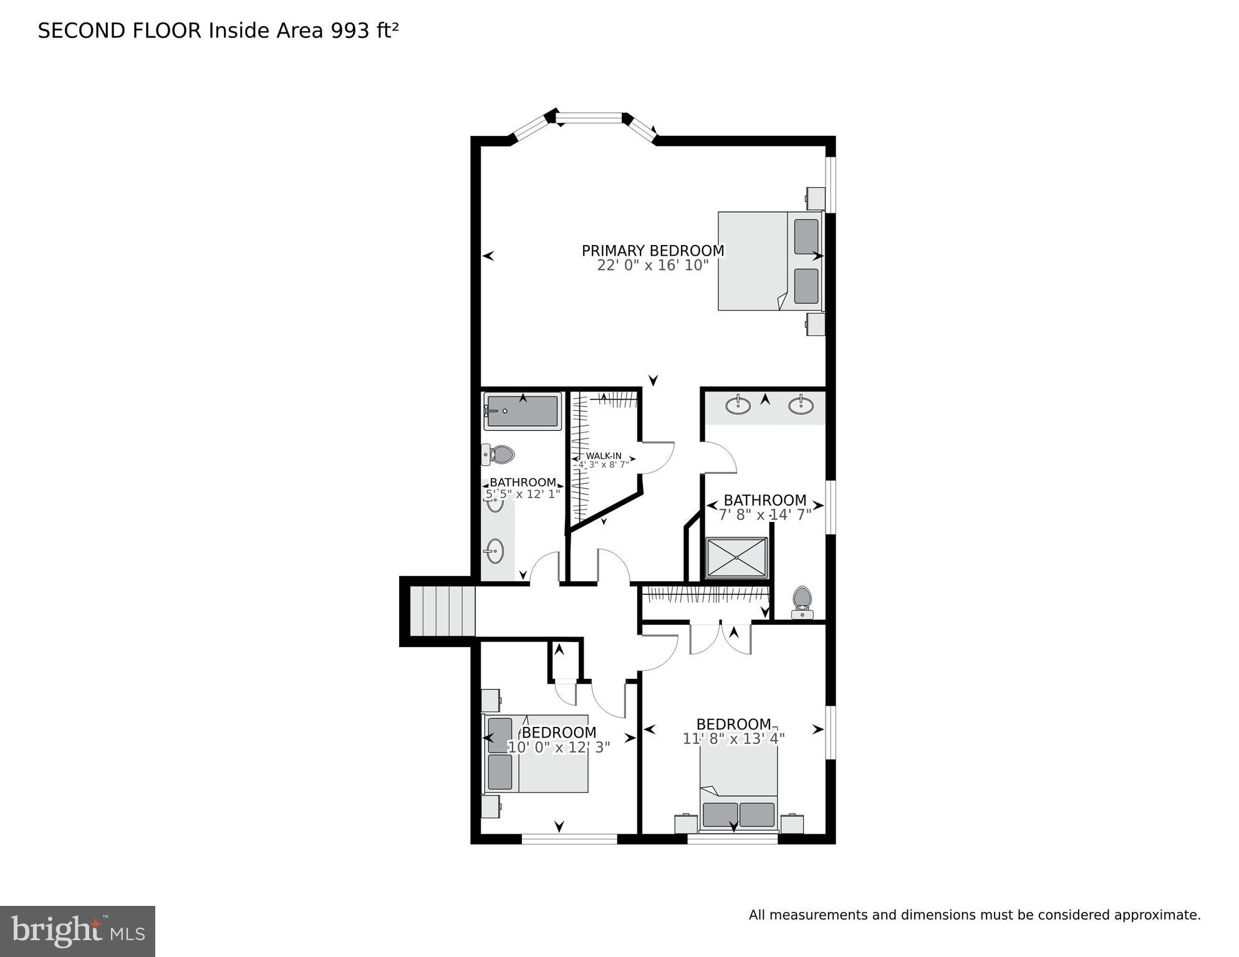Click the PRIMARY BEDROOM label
click(653, 251)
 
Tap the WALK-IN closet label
click(603, 456)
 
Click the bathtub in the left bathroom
click(523, 412)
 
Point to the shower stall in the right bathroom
click(736, 558)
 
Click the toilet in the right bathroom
click(802, 601)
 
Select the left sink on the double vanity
click(738, 405)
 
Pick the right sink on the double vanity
click(801, 405)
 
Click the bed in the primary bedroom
click(769, 261)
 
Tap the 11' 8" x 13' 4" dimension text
click(733, 739)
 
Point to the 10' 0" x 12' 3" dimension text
click(559, 747)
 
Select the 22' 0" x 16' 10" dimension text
click(653, 266)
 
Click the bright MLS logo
click(77, 931)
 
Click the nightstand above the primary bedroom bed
click(816, 198)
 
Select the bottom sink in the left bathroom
click(495, 551)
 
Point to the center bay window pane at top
click(589, 117)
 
